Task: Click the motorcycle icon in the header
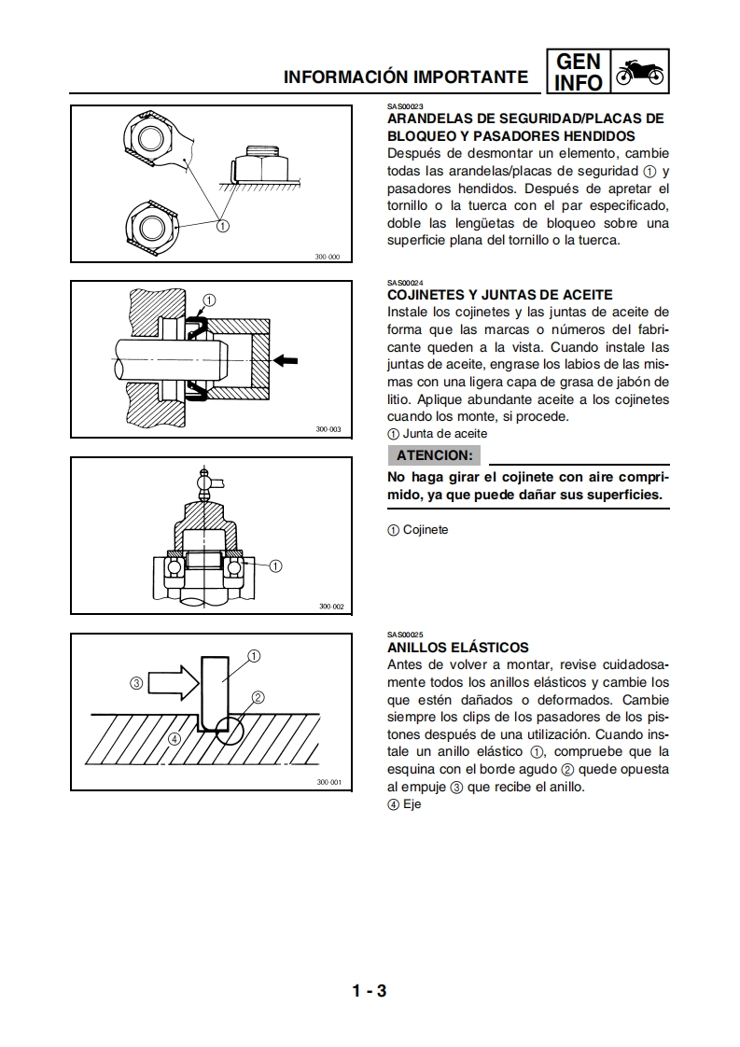[x=640, y=74]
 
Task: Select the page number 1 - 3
[x=370, y=990]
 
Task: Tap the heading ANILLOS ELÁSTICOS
[x=457, y=648]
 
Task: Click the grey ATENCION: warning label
[x=434, y=455]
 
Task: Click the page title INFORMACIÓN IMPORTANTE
[x=406, y=77]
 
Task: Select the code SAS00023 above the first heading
[x=405, y=107]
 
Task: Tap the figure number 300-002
[x=331, y=607]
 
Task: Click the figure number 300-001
[x=329, y=782]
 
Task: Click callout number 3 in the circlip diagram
[x=136, y=682]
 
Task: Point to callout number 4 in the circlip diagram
[x=173, y=739]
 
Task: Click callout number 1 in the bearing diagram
[x=275, y=565]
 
